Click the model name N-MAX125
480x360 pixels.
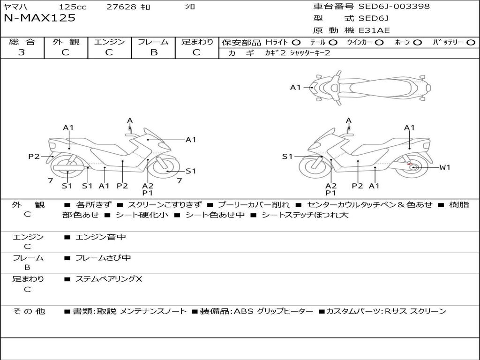tap(39, 18)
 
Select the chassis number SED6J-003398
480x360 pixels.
tap(394, 7)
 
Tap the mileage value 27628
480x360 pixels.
tap(121, 7)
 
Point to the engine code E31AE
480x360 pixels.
tap(374, 30)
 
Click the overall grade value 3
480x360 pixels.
tap(22, 52)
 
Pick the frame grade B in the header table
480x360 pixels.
tap(153, 52)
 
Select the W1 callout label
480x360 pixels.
tap(444, 167)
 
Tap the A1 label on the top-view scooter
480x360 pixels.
tap(295, 87)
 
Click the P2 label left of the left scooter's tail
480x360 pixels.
tap(34, 157)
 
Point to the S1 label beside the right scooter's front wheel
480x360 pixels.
tap(287, 157)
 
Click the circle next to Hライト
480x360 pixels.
tap(296, 43)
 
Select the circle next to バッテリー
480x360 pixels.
tap(471, 43)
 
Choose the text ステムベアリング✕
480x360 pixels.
tap(109, 279)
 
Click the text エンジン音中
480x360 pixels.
tap(101, 237)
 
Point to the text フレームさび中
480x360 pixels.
tap(103, 258)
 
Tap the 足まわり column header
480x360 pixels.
tap(197, 42)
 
